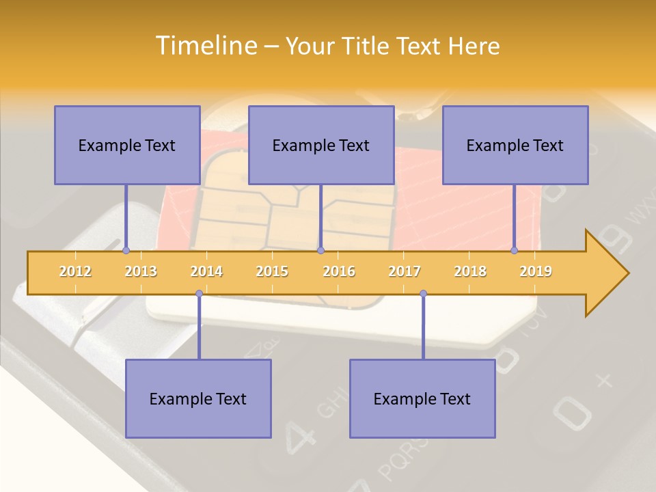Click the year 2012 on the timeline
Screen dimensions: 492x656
pyautogui.click(x=75, y=271)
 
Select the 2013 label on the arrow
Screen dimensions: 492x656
pyautogui.click(x=141, y=271)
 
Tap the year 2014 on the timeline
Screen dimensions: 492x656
pyautogui.click(x=206, y=271)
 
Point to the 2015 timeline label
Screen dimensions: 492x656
pyautogui.click(x=272, y=271)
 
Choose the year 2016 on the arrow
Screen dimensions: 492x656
pyautogui.click(x=339, y=271)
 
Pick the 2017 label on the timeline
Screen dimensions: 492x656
pyautogui.click(x=405, y=271)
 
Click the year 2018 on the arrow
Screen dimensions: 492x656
pyautogui.click(x=470, y=271)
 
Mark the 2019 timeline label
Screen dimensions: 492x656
pyautogui.click(x=536, y=271)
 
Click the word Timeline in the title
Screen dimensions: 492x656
pyautogui.click(x=205, y=46)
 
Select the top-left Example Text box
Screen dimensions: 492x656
pyautogui.click(x=127, y=145)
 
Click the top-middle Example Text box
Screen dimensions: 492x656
pyautogui.click(x=321, y=145)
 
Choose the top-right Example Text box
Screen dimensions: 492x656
pyautogui.click(x=515, y=145)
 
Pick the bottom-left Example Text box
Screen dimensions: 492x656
pyautogui.click(x=198, y=398)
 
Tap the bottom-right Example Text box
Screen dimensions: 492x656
pyautogui.click(x=422, y=398)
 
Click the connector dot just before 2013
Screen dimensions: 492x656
pyautogui.click(x=126, y=251)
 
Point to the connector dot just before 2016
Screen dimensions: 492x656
pyautogui.click(x=320, y=251)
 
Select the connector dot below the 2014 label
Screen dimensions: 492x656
pyautogui.click(x=199, y=294)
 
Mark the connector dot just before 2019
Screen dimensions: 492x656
pyautogui.click(x=515, y=251)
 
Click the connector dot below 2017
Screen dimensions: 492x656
pyautogui.click(x=423, y=294)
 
